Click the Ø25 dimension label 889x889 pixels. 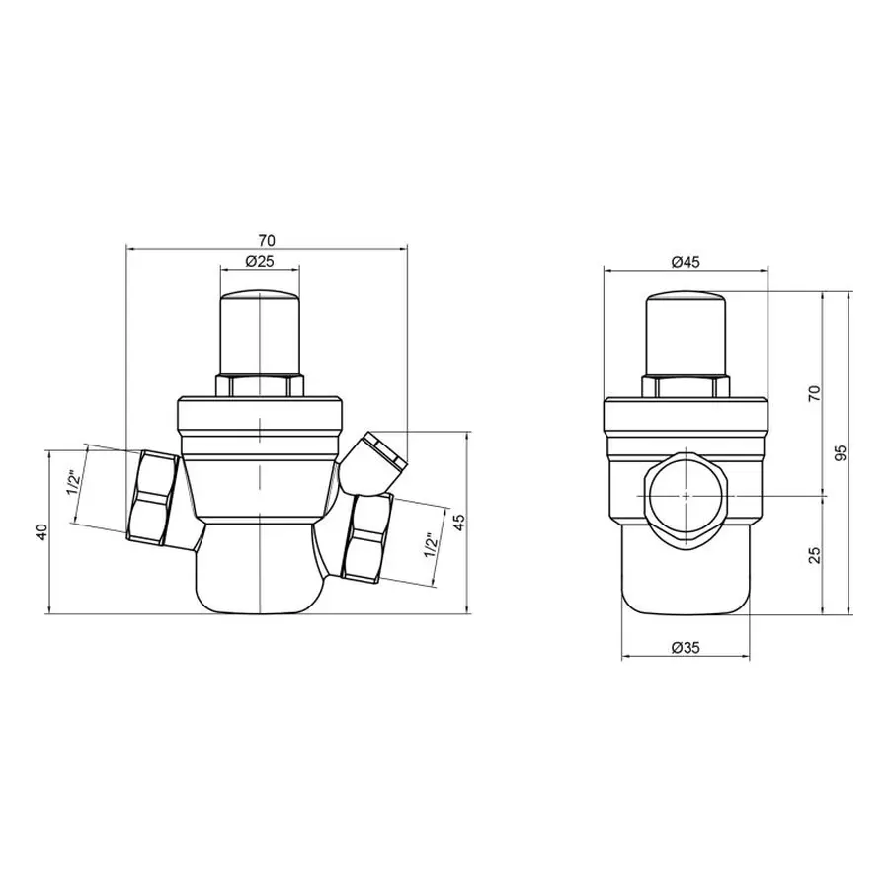258,262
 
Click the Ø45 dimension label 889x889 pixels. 685,262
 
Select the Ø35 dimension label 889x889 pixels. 685,647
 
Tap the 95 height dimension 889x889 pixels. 841,451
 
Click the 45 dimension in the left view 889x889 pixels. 457,522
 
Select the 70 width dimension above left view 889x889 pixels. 266,240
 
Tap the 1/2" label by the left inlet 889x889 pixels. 73,483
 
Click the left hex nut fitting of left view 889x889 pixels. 153,496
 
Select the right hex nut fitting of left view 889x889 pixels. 366,539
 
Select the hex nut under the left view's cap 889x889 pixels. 259,385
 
